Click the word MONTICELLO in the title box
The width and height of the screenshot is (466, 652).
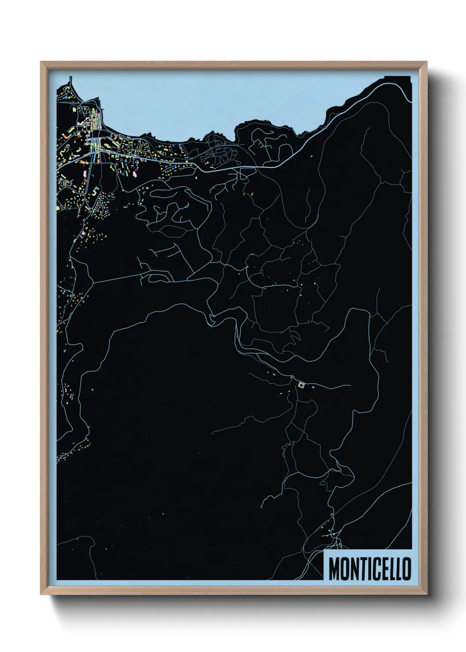pos(370,569)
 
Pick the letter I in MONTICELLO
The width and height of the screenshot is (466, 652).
pos(369,569)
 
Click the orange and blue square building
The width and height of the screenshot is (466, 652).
pos(301,385)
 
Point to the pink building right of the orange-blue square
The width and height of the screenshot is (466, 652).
pos(313,387)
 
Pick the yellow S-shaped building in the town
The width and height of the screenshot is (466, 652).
pos(95,191)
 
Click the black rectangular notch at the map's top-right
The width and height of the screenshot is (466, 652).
pos(398,79)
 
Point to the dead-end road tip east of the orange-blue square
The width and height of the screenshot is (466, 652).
pos(350,385)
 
